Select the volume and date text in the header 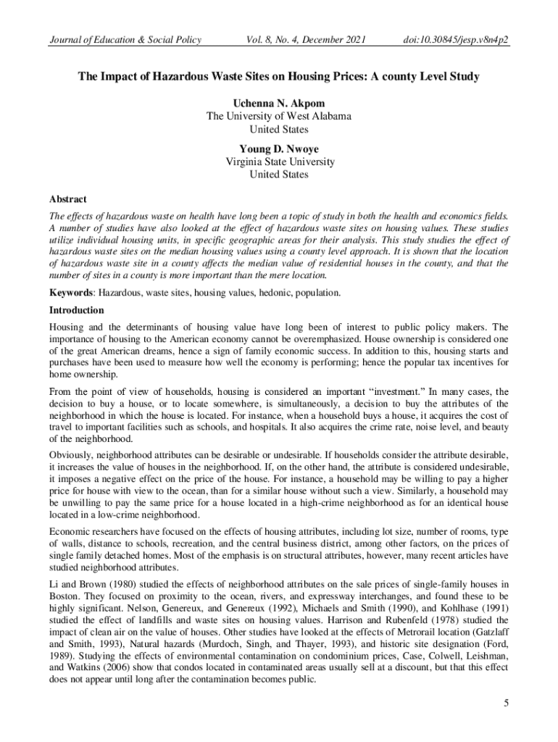304,39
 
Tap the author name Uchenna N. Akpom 279,102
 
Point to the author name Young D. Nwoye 279,149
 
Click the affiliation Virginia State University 279,162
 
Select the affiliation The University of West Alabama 279,115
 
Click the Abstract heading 67,199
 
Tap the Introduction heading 76,310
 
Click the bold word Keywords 71,293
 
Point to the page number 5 506,702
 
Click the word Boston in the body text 64,596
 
